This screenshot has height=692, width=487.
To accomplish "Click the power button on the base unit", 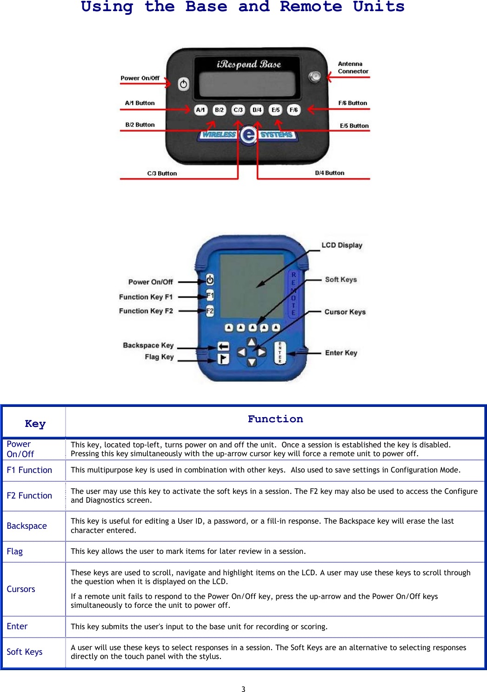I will [x=184, y=84].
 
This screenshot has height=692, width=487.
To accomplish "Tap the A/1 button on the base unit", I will [x=200, y=110].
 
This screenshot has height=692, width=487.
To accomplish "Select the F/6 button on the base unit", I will [x=294, y=110].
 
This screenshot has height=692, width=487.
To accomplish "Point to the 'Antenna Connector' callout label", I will [x=353, y=67].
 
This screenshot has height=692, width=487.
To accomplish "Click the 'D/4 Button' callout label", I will [x=329, y=173].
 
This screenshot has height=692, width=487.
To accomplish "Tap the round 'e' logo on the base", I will [x=249, y=135].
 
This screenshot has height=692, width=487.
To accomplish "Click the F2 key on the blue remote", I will [x=210, y=311].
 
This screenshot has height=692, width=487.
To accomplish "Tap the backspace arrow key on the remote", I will [x=223, y=346].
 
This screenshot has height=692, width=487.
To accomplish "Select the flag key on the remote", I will [x=223, y=359].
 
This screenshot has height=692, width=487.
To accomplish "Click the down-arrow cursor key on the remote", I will [x=252, y=362].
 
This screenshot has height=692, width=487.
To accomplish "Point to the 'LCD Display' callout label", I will [x=341, y=245].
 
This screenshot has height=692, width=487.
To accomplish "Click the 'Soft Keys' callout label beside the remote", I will [x=340, y=279].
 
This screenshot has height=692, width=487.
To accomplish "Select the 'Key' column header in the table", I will [x=35, y=424].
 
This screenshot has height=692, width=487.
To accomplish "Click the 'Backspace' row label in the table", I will [x=27, y=526].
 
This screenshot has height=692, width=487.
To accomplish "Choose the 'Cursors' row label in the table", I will [x=21, y=589].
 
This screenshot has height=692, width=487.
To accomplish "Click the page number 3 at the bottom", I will [x=243, y=689].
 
